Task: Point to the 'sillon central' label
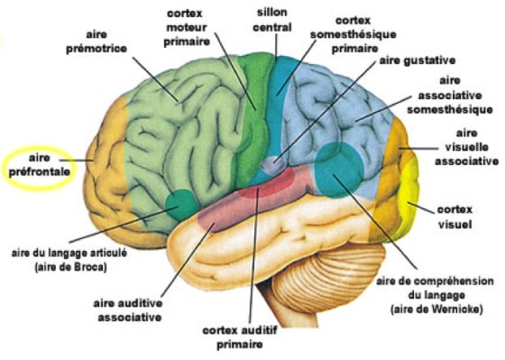tap(272, 21)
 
